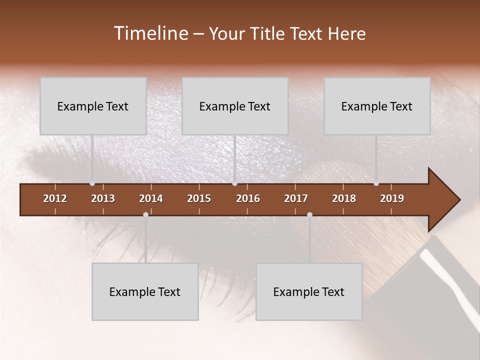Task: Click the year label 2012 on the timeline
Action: pos(55,198)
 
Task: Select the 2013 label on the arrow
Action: pos(103,198)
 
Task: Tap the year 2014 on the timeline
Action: pos(151,198)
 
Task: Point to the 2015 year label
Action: pos(199,198)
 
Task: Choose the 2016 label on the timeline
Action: pos(248,198)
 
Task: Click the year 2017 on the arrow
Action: pos(296,198)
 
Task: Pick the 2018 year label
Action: pos(344,198)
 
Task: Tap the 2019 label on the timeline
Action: pos(392,198)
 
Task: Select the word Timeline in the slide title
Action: pos(150,33)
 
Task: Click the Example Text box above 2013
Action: pos(93,106)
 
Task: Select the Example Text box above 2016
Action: pos(235,106)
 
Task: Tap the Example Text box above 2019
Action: pos(377,106)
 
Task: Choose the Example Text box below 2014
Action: pos(145,291)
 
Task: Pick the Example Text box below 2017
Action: pos(309,291)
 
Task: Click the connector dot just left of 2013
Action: pos(92,183)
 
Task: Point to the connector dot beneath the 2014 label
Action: pos(145,214)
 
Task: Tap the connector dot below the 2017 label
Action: pos(309,214)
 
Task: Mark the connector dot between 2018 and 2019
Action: pos(376,183)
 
